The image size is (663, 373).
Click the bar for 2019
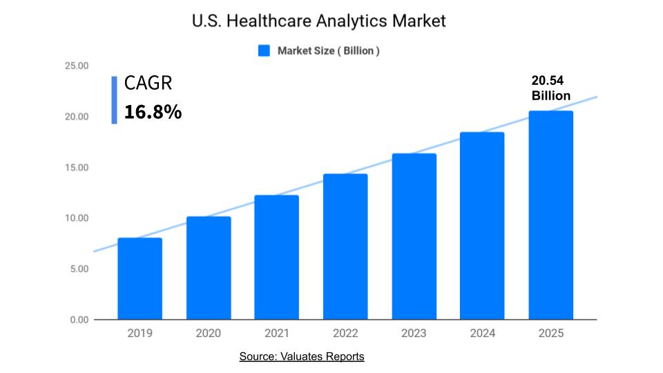point(140,279)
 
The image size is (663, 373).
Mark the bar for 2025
point(551,216)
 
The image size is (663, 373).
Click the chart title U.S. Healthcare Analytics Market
point(318,21)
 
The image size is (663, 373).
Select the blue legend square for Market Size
point(264,50)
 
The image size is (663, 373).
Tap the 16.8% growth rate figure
point(153,112)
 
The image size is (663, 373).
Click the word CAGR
point(148,84)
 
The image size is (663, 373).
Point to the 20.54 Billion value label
point(550,88)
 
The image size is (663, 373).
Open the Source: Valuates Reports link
point(301,356)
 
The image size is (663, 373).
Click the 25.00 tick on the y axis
point(77,66)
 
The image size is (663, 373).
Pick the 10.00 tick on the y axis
point(77,218)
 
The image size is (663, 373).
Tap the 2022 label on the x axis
point(345,333)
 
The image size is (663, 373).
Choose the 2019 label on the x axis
point(140,333)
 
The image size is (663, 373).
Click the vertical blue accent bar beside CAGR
point(114,100)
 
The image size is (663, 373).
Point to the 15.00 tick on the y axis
point(77,168)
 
